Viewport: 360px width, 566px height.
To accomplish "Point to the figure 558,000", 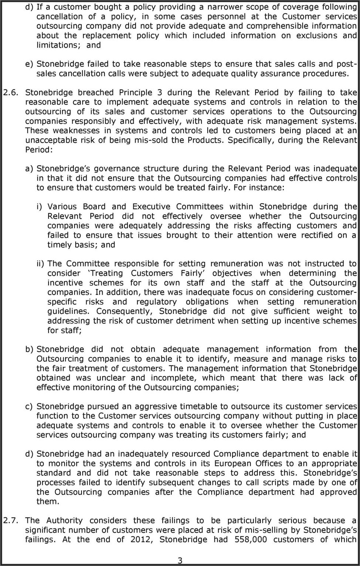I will point(251,539).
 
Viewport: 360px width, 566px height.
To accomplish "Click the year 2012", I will point(141,539).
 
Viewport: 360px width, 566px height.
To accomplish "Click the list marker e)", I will point(29,64).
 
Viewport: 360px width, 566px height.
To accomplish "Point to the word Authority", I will point(64,520).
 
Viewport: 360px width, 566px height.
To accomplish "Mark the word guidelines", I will point(68,311).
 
